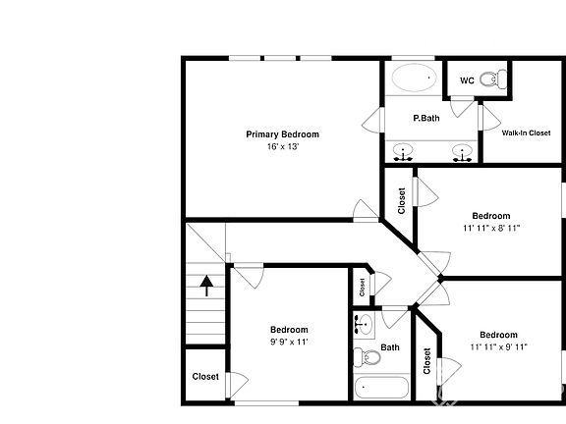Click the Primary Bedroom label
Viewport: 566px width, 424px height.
[282, 134]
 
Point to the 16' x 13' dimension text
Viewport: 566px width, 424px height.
[282, 146]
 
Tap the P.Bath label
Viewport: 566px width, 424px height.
[425, 119]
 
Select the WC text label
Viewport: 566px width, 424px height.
[467, 80]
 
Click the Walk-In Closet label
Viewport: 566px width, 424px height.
[526, 132]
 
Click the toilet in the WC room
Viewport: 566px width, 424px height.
[499, 80]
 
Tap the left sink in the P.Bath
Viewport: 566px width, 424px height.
[403, 152]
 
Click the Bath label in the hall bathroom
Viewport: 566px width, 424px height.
[390, 347]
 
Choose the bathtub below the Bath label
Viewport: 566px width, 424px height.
[380, 387]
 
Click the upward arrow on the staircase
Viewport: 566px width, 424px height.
[206, 286]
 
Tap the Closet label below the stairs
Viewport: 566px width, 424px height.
[205, 376]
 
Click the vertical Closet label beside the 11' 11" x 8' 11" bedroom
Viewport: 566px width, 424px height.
[401, 200]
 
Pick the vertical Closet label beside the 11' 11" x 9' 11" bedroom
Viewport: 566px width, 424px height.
[426, 361]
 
